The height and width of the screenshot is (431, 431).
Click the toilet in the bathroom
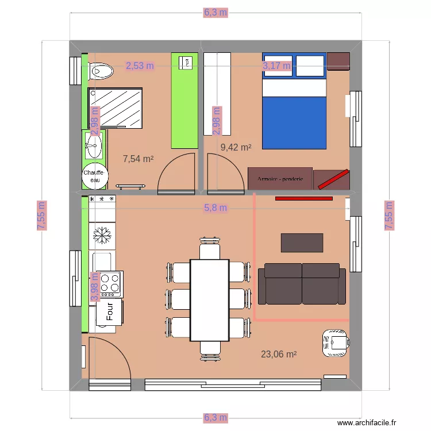(x=101, y=71)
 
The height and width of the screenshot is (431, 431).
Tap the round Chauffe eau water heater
(x=93, y=176)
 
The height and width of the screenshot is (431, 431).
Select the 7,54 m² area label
(x=138, y=159)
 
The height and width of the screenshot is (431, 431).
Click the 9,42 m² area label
(x=236, y=147)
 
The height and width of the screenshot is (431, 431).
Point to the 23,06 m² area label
(x=279, y=355)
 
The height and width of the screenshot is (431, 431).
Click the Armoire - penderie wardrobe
(x=280, y=179)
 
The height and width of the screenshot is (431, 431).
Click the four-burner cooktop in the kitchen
(x=111, y=283)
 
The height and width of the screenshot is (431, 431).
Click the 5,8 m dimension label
(x=215, y=207)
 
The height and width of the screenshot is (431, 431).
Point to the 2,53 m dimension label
(x=140, y=66)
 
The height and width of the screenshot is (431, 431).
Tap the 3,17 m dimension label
(x=277, y=66)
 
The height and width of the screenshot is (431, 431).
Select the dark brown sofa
(x=302, y=283)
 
